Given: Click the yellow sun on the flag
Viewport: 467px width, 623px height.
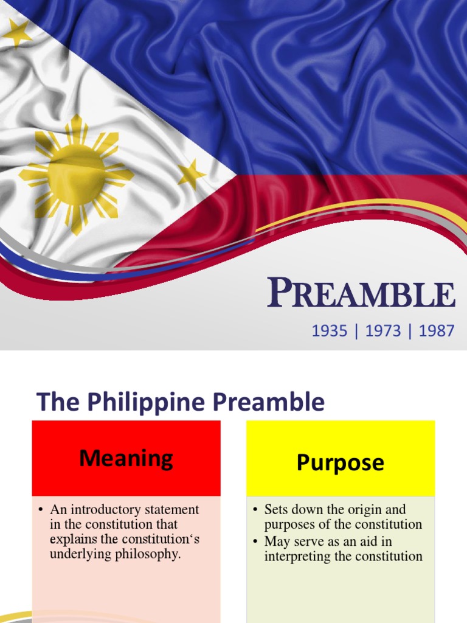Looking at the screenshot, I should [77, 175].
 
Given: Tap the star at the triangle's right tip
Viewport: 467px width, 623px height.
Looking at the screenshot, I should [192, 175].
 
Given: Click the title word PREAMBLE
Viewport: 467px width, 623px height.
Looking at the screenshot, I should [361, 294].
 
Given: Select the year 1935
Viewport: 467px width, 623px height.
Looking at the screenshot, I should [329, 331].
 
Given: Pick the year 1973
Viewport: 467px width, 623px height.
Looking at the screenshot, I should [382, 331].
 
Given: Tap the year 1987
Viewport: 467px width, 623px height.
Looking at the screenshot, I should [436, 331].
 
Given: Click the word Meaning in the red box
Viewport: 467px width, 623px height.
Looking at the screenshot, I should [126, 458].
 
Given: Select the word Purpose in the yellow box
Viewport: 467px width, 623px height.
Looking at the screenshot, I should [340, 462].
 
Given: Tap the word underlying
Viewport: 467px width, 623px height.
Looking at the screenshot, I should [77, 554].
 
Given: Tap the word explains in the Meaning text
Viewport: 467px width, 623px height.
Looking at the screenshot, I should [71, 539].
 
